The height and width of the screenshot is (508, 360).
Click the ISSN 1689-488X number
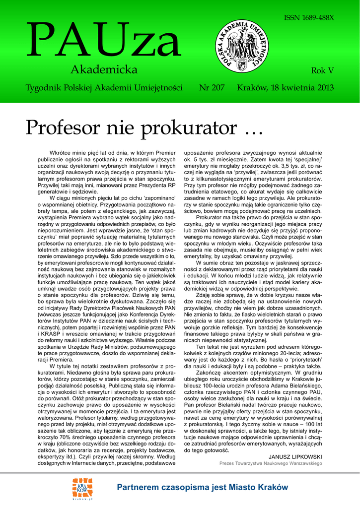[x=309, y=17]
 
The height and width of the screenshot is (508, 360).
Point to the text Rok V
[x=322, y=70]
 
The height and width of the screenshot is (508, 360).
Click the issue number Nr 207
[x=212, y=88]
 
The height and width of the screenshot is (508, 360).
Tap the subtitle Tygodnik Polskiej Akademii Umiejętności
[x=104, y=88]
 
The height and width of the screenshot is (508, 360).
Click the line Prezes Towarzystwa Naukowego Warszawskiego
[x=271, y=463]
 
